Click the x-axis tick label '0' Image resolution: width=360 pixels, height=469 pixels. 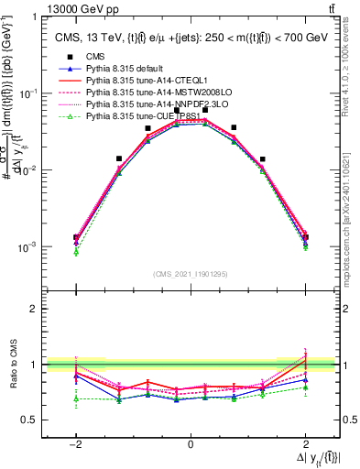[x=191, y=444]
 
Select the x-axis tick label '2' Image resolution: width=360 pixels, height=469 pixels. [x=306, y=444]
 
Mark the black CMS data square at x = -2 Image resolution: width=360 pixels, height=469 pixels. [x=76, y=237]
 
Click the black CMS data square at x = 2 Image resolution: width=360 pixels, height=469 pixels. [x=305, y=237]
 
